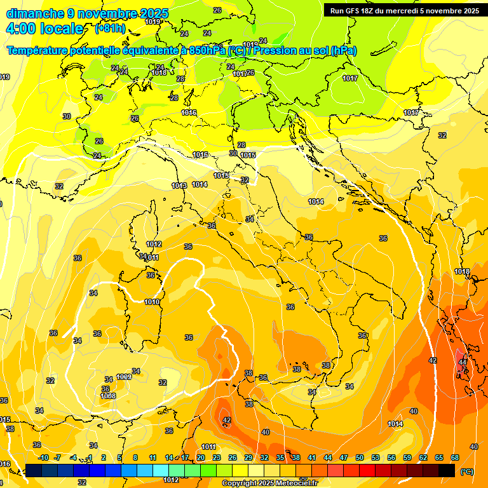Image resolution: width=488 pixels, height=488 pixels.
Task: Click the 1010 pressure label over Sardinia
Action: coord(152,302)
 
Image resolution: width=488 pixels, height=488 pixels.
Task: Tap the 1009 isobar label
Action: coord(124,377)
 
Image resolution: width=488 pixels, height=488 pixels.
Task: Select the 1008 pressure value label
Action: coord(108,396)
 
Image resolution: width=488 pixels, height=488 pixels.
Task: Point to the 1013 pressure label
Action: coord(179,186)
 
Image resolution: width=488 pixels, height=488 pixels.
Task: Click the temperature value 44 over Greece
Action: coord(463,362)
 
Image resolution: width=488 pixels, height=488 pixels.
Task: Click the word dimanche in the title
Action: coord(32,13)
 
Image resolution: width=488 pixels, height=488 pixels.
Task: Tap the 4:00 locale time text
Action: coord(44,29)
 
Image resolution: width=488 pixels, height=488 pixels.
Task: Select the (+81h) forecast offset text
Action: coord(109,29)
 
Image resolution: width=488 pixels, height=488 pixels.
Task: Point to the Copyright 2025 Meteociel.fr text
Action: coord(270,484)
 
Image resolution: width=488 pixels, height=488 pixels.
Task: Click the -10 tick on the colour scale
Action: coord(43,457)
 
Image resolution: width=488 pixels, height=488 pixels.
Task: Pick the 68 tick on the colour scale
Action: coord(455,457)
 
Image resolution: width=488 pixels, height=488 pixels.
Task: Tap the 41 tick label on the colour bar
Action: coord(312,457)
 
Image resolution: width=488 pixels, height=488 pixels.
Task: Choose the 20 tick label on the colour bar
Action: coord(201,457)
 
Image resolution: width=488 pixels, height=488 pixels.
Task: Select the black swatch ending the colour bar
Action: coord(447,470)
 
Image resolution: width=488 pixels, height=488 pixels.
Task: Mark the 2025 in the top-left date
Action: coord(154,13)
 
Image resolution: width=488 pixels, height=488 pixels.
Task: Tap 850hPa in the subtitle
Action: coord(207,50)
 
